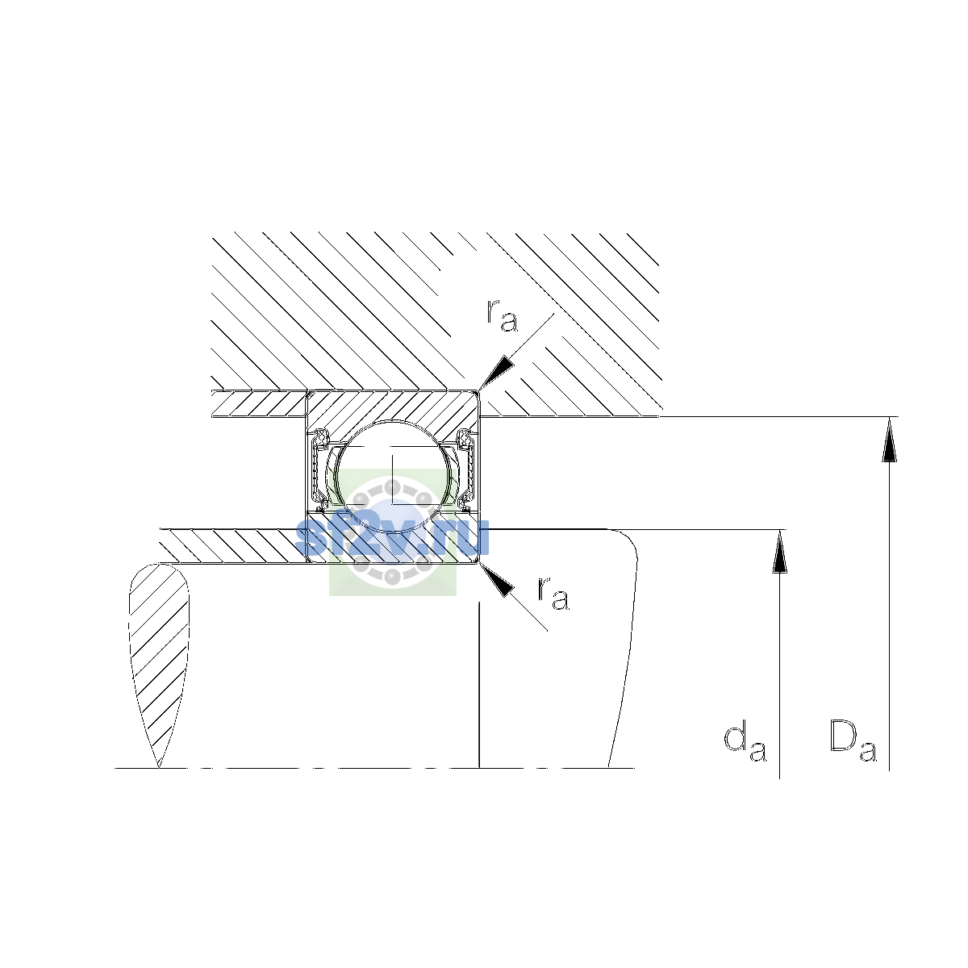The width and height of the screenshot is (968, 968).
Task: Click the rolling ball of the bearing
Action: coord(393,478)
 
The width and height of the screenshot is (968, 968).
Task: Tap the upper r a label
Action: coord(502,315)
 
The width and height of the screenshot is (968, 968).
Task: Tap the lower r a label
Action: coord(553,593)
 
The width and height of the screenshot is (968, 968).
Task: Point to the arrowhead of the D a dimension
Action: coord(890,440)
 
